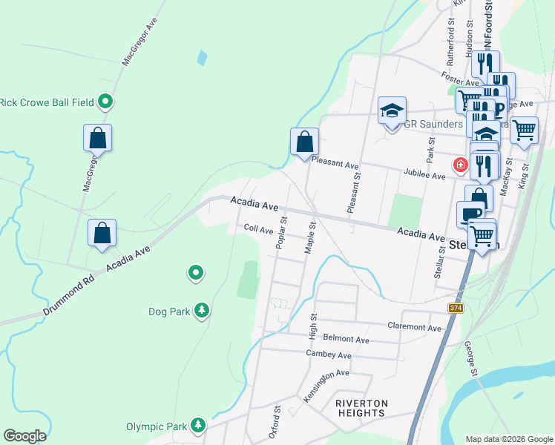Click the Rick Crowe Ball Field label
(47, 102)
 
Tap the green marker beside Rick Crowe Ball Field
(105, 102)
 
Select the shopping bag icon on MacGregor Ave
(97, 138)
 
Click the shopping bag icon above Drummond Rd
(102, 233)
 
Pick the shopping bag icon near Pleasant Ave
(304, 142)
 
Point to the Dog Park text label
(169, 311)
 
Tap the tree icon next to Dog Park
(201, 311)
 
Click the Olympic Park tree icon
(198, 425)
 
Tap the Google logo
(24, 436)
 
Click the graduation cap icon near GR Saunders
(392, 111)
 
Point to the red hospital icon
(460, 164)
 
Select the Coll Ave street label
(259, 230)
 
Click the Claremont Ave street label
(415, 326)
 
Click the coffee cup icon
(470, 215)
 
